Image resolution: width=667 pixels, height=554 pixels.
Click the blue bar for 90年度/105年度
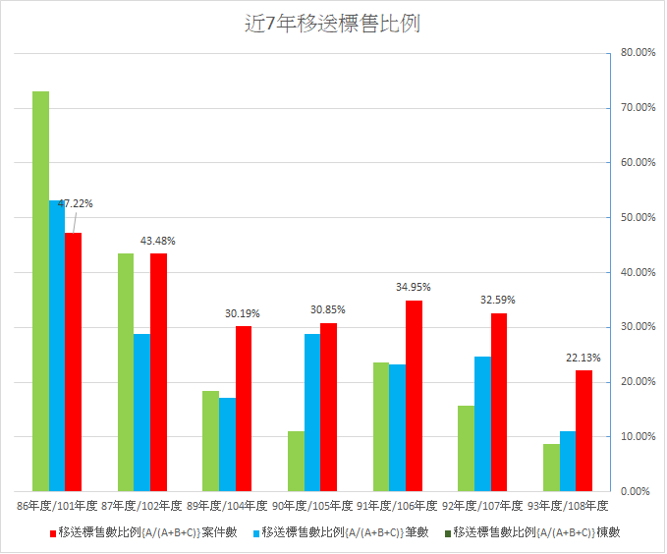[x=311, y=412]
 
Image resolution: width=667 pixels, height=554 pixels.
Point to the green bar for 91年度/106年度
[x=380, y=426]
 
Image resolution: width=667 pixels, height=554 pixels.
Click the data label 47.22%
[x=76, y=203]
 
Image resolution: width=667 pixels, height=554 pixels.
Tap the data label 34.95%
[x=413, y=287]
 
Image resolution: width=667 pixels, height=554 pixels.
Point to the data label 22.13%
[x=583, y=358]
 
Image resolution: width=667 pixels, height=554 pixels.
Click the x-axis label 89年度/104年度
[x=225, y=506]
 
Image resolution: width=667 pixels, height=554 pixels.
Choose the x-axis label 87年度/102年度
[x=141, y=506]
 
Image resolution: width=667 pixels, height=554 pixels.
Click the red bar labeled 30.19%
[x=243, y=408]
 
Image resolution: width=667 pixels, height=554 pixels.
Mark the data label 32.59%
[x=497, y=300]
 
